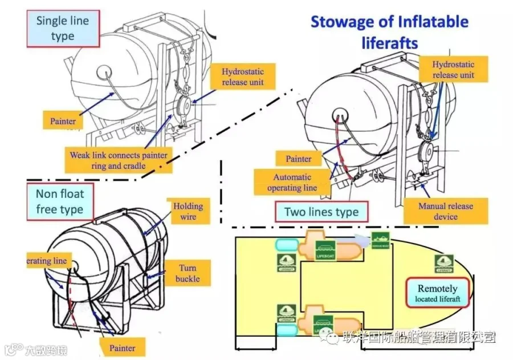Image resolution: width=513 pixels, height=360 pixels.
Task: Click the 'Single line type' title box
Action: (63, 29)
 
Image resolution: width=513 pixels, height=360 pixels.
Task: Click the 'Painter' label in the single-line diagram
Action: (63, 120)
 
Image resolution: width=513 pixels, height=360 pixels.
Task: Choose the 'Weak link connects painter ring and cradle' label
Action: (119, 160)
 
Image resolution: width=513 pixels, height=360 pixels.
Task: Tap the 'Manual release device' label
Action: (445, 211)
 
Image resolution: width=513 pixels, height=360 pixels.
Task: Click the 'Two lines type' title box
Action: (321, 212)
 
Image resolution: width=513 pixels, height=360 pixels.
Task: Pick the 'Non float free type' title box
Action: (59, 202)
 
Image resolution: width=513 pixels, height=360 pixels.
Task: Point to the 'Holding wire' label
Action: (188, 211)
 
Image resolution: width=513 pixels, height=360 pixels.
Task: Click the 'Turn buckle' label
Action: (188, 273)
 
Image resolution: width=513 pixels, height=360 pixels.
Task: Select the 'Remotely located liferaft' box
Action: (438, 293)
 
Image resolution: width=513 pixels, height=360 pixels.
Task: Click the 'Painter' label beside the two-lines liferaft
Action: (298, 159)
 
